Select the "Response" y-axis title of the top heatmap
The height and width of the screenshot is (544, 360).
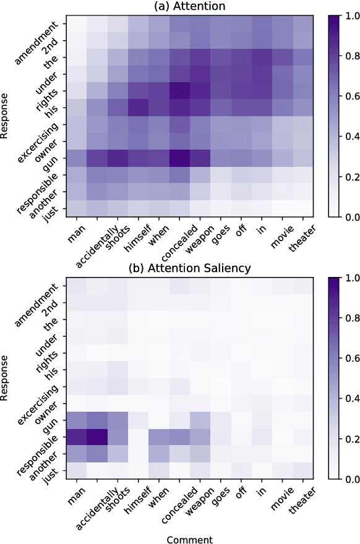tap(7, 117)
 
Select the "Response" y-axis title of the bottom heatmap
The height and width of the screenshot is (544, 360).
tap(7, 378)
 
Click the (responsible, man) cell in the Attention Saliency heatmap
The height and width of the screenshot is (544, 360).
tap(77, 437)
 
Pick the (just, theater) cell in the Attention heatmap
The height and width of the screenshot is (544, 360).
tap(308, 208)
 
